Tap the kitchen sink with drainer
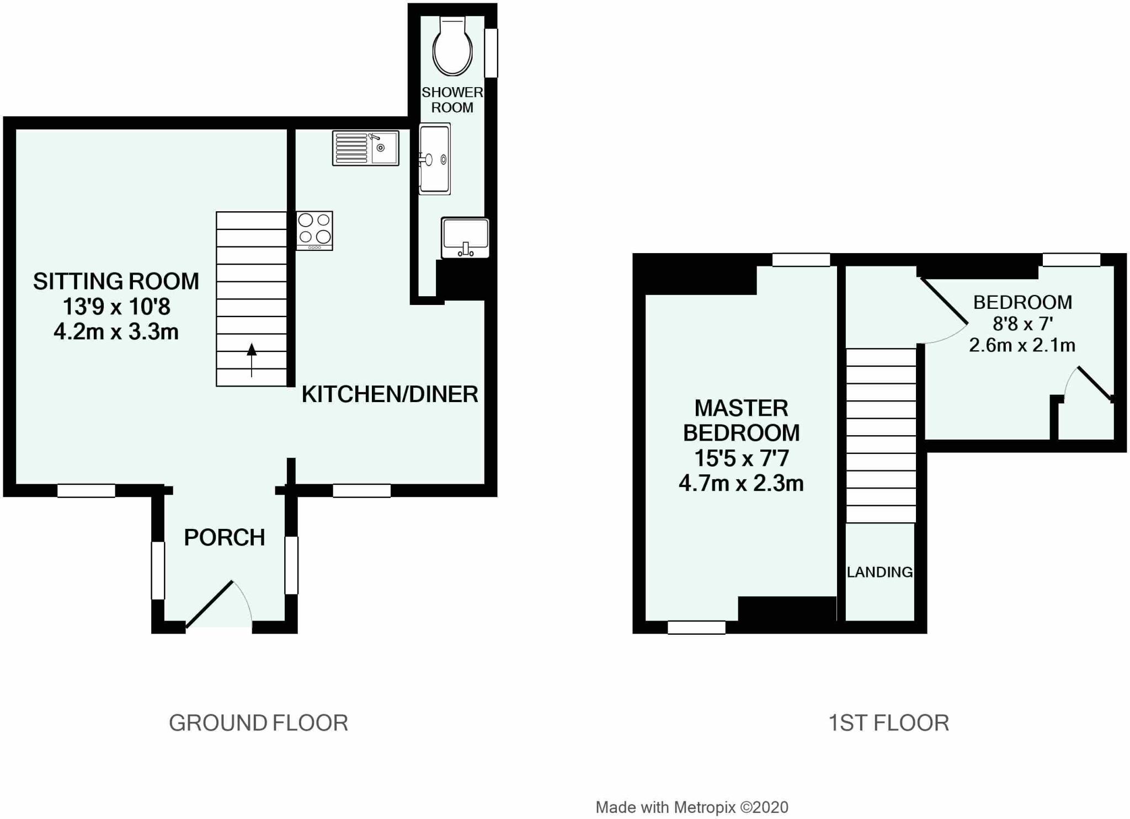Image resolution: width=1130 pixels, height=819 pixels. click(x=365, y=148)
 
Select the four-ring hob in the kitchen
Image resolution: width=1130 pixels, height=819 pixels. click(x=315, y=231)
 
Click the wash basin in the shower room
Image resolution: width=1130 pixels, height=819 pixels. click(x=465, y=238)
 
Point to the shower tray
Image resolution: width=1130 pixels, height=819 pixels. click(x=435, y=159)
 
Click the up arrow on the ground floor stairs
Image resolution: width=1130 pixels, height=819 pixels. click(x=252, y=360)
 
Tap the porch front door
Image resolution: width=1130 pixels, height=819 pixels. click(x=219, y=604)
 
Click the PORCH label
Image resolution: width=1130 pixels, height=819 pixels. click(x=225, y=537)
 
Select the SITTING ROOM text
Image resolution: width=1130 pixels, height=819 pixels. click(x=116, y=281)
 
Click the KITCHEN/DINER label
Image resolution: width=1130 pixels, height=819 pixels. click(x=390, y=394)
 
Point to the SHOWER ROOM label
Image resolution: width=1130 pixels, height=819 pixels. click(x=452, y=100)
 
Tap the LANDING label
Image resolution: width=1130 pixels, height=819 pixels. click(x=880, y=572)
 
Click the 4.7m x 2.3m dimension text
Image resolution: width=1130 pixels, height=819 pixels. click(x=741, y=483)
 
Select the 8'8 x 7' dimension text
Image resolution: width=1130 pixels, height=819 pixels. click(x=1022, y=324)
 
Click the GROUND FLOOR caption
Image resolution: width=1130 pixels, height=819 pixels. click(x=258, y=722)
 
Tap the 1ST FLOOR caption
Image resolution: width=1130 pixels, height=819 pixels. click(x=889, y=722)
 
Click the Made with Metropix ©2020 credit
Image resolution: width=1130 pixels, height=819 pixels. click(x=692, y=807)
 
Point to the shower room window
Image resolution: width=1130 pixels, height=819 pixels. click(x=491, y=53)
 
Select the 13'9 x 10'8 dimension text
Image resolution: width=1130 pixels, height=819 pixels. click(x=116, y=306)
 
